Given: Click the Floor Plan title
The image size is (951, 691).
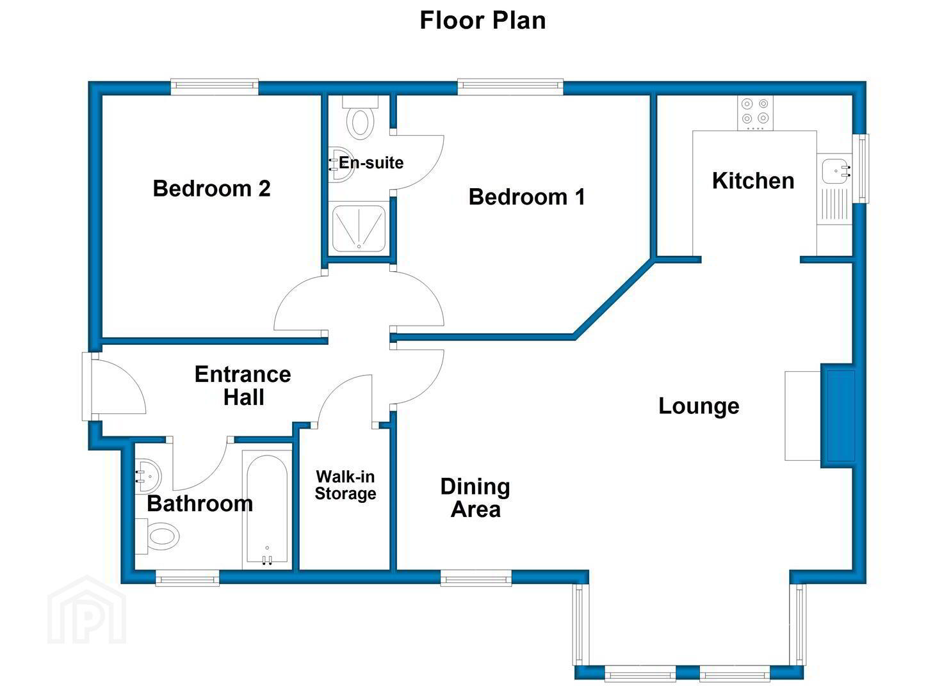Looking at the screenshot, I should point(482,20).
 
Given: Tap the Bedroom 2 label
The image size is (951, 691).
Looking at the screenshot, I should point(211,189).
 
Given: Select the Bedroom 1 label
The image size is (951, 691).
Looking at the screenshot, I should point(526,196).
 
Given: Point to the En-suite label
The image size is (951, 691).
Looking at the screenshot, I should point(371,163).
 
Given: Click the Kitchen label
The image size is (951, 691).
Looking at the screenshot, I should point(752,181).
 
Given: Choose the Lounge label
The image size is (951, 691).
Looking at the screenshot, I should point(699,406).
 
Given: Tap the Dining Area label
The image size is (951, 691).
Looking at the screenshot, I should point(475,498).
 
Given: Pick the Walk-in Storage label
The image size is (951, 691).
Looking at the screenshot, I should point(345,485).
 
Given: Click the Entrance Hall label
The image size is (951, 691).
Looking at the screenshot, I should point(243,385).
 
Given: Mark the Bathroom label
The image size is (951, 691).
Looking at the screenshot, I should point(200,504).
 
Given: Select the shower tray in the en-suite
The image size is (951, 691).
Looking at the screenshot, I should point(359,228).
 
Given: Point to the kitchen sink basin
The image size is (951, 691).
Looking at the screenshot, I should point(835,171).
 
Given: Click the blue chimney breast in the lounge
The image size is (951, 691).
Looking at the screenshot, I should point(840,415).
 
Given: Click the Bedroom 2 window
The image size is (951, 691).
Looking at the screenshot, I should point(215,86).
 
